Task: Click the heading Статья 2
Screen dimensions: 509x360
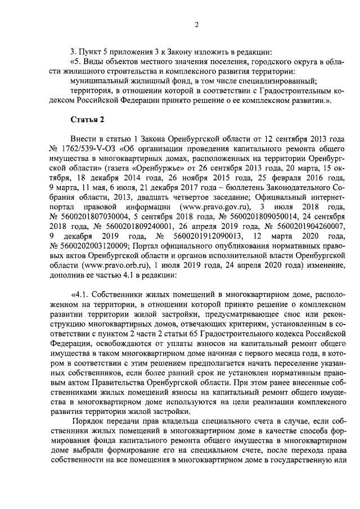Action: point(86,120)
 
